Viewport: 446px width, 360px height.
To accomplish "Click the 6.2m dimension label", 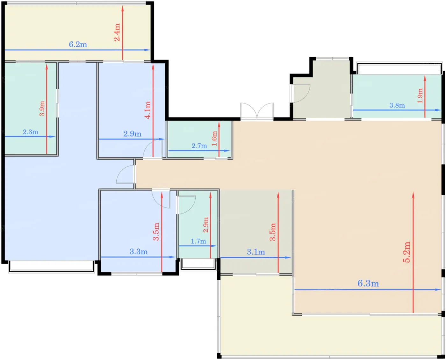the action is (78, 45).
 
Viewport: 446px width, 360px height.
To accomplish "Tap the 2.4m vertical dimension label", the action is (117, 32).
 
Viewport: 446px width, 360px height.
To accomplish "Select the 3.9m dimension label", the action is (42, 108).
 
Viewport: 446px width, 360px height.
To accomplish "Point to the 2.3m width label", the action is (30, 132).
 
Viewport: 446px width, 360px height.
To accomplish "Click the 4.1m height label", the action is (147, 110).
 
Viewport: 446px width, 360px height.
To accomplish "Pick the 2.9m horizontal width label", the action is (132, 134).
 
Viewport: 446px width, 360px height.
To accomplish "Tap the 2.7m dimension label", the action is (199, 146).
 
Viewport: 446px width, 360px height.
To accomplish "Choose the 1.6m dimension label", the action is (214, 138).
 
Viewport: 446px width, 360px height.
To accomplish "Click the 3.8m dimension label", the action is (397, 105).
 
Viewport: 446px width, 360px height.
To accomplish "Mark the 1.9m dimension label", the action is (420, 96).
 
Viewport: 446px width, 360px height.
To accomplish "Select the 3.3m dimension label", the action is (139, 251).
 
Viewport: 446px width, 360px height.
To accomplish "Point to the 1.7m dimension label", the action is (198, 241).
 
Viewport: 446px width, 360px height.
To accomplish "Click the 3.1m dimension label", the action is (256, 252).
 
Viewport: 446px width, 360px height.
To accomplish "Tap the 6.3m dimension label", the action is (368, 283).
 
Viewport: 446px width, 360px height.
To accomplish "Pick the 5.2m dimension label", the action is (406, 252).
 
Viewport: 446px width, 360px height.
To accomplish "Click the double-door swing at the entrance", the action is (257, 111).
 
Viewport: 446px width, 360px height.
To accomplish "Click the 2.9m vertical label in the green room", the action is (205, 225).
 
